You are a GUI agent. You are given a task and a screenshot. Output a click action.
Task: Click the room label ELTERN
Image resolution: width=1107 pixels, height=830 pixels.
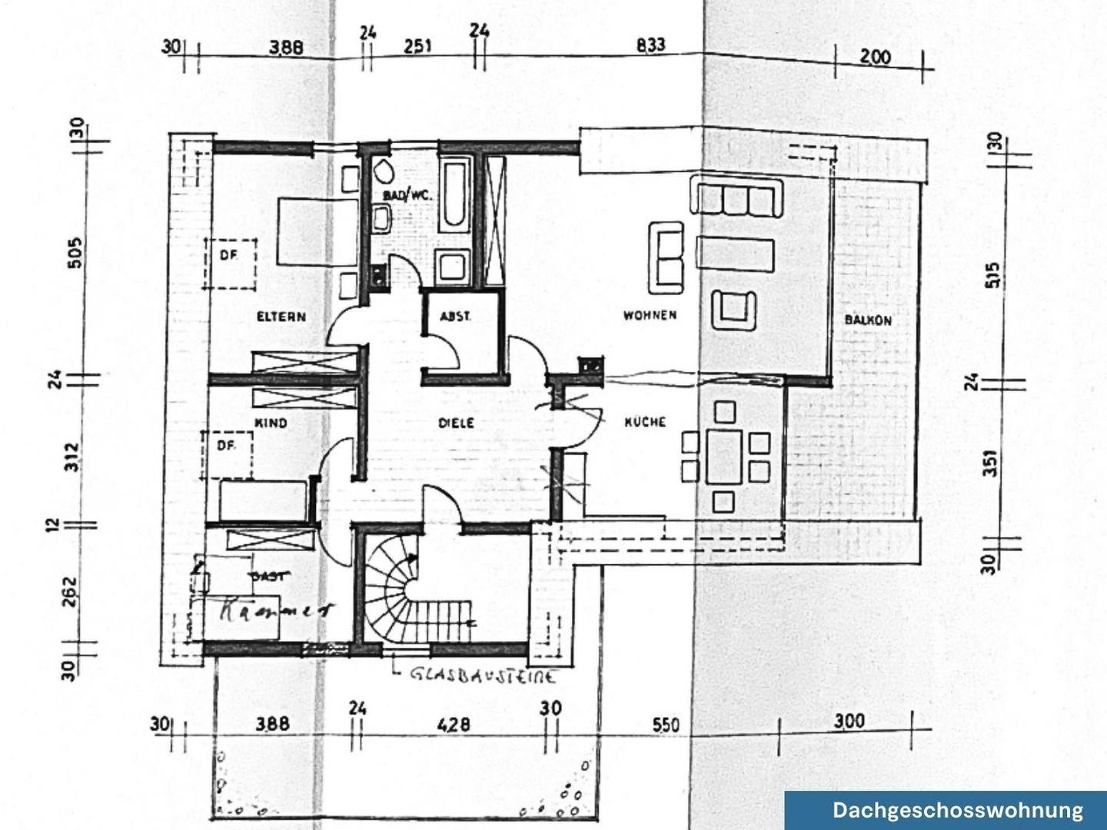[281, 317]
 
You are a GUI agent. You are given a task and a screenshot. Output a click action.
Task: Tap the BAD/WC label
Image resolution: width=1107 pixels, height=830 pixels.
[407, 197]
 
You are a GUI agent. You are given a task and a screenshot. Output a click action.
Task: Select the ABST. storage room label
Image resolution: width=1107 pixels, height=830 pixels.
[454, 316]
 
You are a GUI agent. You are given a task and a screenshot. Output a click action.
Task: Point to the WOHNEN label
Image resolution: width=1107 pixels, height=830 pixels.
[650, 315]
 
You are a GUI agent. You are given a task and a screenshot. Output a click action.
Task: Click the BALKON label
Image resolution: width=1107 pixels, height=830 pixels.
[868, 320]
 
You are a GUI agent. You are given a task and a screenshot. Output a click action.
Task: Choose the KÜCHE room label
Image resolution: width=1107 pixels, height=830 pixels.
[644, 422]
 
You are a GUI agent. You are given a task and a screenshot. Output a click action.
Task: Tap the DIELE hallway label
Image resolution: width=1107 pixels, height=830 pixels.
[456, 423]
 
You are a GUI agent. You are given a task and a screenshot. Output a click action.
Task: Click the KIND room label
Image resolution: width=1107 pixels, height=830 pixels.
[271, 423]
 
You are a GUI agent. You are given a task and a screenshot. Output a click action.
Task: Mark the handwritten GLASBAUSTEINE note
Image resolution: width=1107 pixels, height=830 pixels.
[483, 676]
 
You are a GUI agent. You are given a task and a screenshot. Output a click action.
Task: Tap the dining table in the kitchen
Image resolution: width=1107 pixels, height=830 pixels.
[723, 456]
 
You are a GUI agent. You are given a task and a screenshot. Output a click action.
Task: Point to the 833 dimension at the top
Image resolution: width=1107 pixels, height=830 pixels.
[650, 45]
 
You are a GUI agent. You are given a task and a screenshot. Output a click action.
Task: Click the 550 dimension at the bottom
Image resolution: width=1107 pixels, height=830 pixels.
[666, 725]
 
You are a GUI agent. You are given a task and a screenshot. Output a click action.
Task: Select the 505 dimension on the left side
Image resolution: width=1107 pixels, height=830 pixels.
[75, 252]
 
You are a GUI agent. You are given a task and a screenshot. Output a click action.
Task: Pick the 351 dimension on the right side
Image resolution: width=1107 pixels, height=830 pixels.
[990, 463]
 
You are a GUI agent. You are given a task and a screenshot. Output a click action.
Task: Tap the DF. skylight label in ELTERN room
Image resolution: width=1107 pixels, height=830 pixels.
[228, 256]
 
